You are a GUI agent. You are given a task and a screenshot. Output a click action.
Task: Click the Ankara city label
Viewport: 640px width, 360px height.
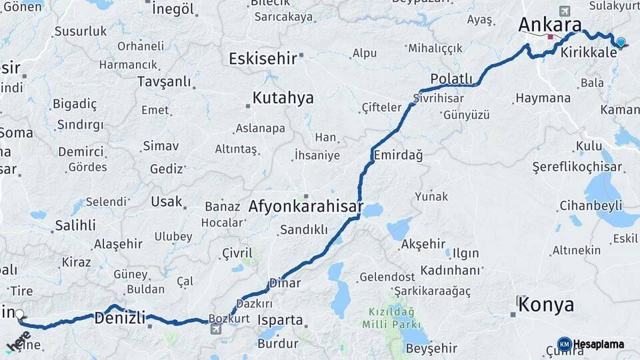coord(550,25)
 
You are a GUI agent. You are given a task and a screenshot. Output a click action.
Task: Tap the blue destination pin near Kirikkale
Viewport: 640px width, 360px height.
coord(621,43)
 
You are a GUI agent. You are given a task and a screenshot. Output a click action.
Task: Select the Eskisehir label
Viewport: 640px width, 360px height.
coord(263,59)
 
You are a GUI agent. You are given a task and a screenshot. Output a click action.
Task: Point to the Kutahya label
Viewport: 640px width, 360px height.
coord(283,98)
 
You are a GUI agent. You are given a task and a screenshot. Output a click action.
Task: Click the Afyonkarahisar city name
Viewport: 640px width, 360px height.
coord(305,206)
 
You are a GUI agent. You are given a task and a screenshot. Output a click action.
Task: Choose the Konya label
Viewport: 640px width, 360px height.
coord(546,305)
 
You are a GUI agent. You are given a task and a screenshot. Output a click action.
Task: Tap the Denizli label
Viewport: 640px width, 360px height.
coord(119,318)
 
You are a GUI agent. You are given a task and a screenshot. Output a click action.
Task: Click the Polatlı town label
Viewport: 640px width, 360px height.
coord(451,79)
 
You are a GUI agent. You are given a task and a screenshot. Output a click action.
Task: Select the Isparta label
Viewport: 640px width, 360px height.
coord(280,320)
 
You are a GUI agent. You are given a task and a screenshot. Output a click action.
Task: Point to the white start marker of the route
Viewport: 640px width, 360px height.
coord(19,315)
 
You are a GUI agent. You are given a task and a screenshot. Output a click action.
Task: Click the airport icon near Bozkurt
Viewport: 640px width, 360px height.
coord(216,329)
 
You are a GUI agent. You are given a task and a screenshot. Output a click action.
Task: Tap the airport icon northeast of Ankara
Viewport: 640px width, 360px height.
coord(565,11)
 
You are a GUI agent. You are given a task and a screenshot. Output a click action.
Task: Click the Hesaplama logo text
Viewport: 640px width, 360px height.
coord(599,344)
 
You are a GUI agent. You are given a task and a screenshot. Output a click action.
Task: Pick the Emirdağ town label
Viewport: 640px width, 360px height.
coord(398,155)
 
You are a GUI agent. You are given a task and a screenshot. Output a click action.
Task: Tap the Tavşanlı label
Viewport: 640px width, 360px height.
coord(163,82)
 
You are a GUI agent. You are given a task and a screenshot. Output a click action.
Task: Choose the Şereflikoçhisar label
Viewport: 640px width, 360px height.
coord(573,167)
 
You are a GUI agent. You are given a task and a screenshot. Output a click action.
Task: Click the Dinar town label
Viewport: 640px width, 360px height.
coord(285,283)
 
